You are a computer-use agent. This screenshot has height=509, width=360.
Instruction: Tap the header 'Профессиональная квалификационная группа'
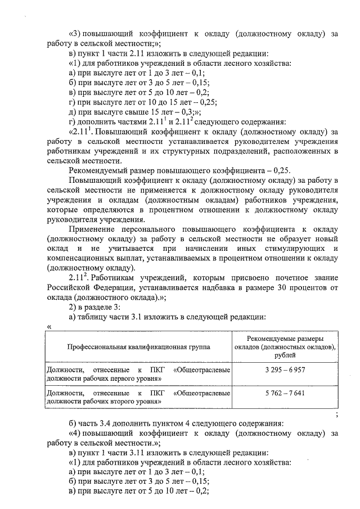tap(138, 347)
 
